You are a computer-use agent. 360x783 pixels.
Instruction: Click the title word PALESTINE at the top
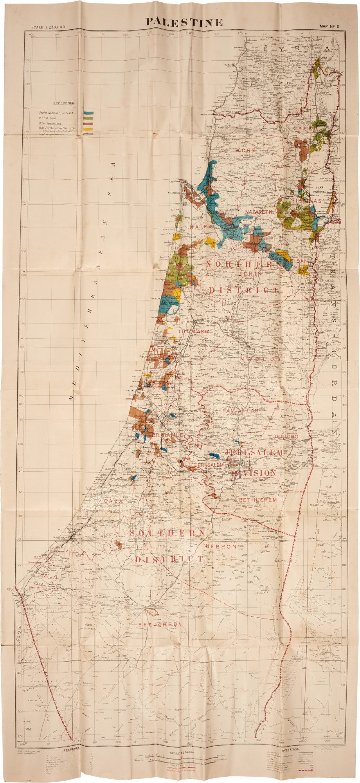(184, 22)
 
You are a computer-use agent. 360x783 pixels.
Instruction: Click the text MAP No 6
(330, 27)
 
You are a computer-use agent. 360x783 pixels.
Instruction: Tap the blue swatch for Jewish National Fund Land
(88, 113)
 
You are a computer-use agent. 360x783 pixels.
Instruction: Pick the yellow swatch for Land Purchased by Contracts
(88, 129)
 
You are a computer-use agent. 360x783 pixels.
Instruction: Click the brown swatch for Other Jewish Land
(88, 124)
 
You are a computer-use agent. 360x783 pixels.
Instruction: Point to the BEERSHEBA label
(160, 624)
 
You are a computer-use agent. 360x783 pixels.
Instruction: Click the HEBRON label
(221, 547)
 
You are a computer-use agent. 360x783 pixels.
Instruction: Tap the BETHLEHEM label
(258, 500)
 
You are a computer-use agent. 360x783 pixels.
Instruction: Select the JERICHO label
(286, 436)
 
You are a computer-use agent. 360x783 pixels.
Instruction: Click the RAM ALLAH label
(240, 411)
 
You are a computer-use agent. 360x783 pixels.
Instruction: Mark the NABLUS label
(260, 359)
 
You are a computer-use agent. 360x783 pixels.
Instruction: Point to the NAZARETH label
(258, 212)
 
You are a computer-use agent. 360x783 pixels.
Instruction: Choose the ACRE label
(246, 150)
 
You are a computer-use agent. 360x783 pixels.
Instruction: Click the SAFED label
(306, 128)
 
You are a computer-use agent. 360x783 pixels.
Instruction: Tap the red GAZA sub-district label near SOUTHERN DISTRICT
(113, 501)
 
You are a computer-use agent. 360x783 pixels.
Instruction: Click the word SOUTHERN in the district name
(167, 533)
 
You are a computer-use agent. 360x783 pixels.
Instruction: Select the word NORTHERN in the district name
(240, 265)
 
